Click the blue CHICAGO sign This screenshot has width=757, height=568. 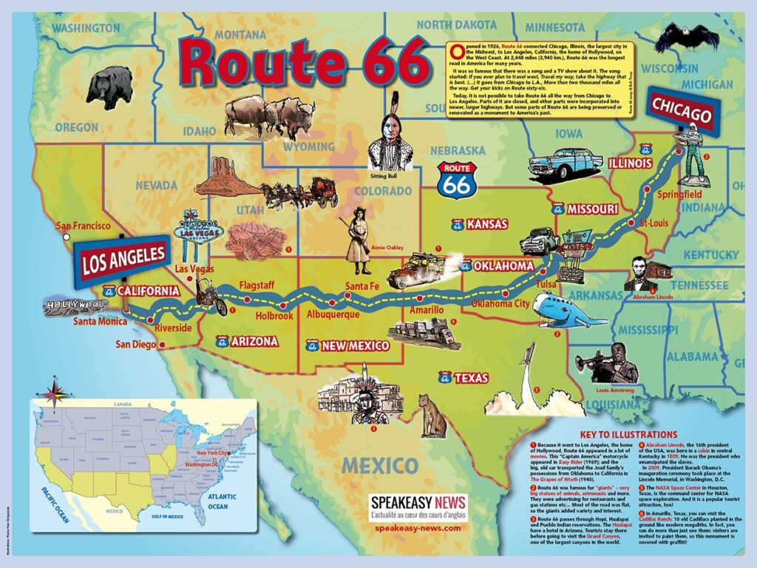682,113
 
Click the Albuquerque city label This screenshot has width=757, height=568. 333,314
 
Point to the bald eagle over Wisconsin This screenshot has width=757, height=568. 675,36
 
